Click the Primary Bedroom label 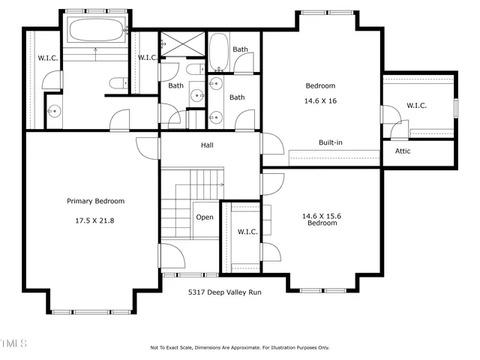[95, 201]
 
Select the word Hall [208, 145]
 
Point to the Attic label [403, 151]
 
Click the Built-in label [331, 142]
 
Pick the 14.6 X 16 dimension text [319, 100]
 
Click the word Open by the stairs [205, 217]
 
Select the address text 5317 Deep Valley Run [226, 293]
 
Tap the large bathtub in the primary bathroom [95, 31]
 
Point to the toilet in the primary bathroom [116, 82]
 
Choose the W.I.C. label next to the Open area [247, 232]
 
